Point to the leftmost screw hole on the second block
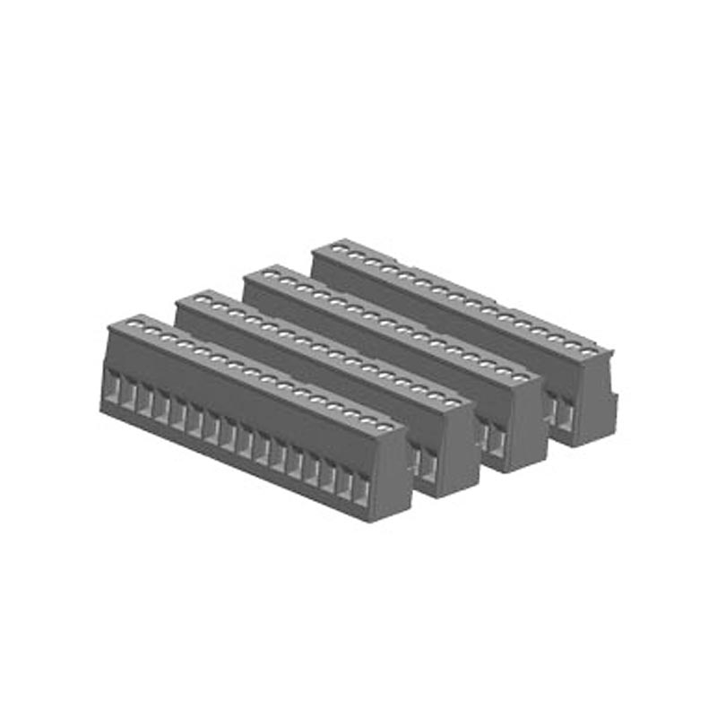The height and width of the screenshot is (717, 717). tap(205, 298)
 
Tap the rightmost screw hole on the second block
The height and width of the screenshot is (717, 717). tap(453, 402)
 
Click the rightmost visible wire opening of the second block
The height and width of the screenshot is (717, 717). tap(429, 462)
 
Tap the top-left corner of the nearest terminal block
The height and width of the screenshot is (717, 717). tap(109, 327)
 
